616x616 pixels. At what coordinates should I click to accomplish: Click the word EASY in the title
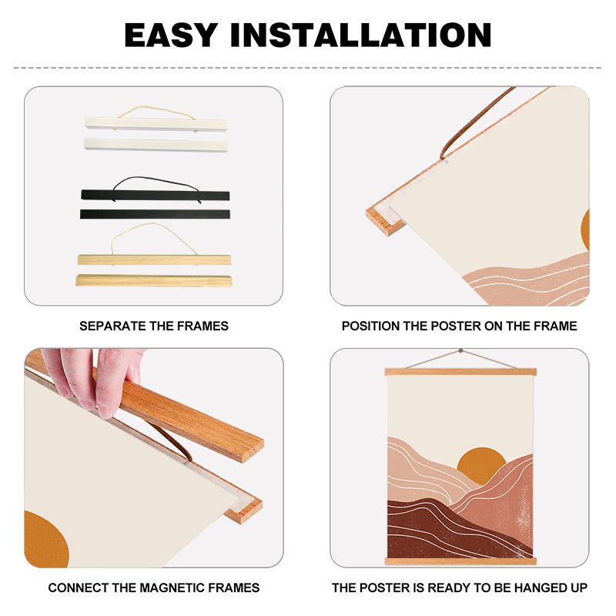coord(171,35)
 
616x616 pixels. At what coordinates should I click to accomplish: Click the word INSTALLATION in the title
coord(360,35)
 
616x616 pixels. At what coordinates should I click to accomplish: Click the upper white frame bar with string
coord(156,123)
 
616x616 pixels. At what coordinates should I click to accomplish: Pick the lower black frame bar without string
coord(156,214)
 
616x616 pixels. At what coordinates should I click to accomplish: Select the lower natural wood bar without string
coord(154,280)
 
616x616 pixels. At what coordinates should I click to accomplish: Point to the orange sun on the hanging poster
coord(480,463)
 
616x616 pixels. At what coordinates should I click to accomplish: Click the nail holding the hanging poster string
coord(460,350)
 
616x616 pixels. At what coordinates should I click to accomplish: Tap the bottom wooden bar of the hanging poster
coord(460,561)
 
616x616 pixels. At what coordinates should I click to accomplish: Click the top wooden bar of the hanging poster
coord(460,372)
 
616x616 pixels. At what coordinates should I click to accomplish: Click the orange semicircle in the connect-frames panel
coord(46,540)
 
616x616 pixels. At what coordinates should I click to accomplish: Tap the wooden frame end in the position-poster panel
coord(384,221)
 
